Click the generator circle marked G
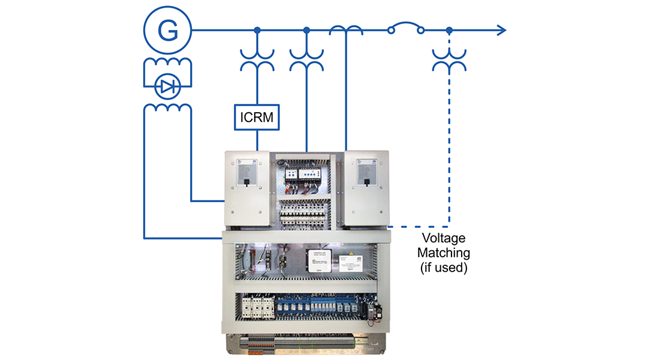pos(166,30)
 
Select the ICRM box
pos(257,117)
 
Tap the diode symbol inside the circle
pos(166,88)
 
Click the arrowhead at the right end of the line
pos(501,30)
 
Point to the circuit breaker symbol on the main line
pos(406,28)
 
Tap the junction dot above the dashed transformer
pos(449,30)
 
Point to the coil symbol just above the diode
pos(167,65)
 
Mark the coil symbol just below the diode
pos(167,107)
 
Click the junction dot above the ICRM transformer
pos(257,30)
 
